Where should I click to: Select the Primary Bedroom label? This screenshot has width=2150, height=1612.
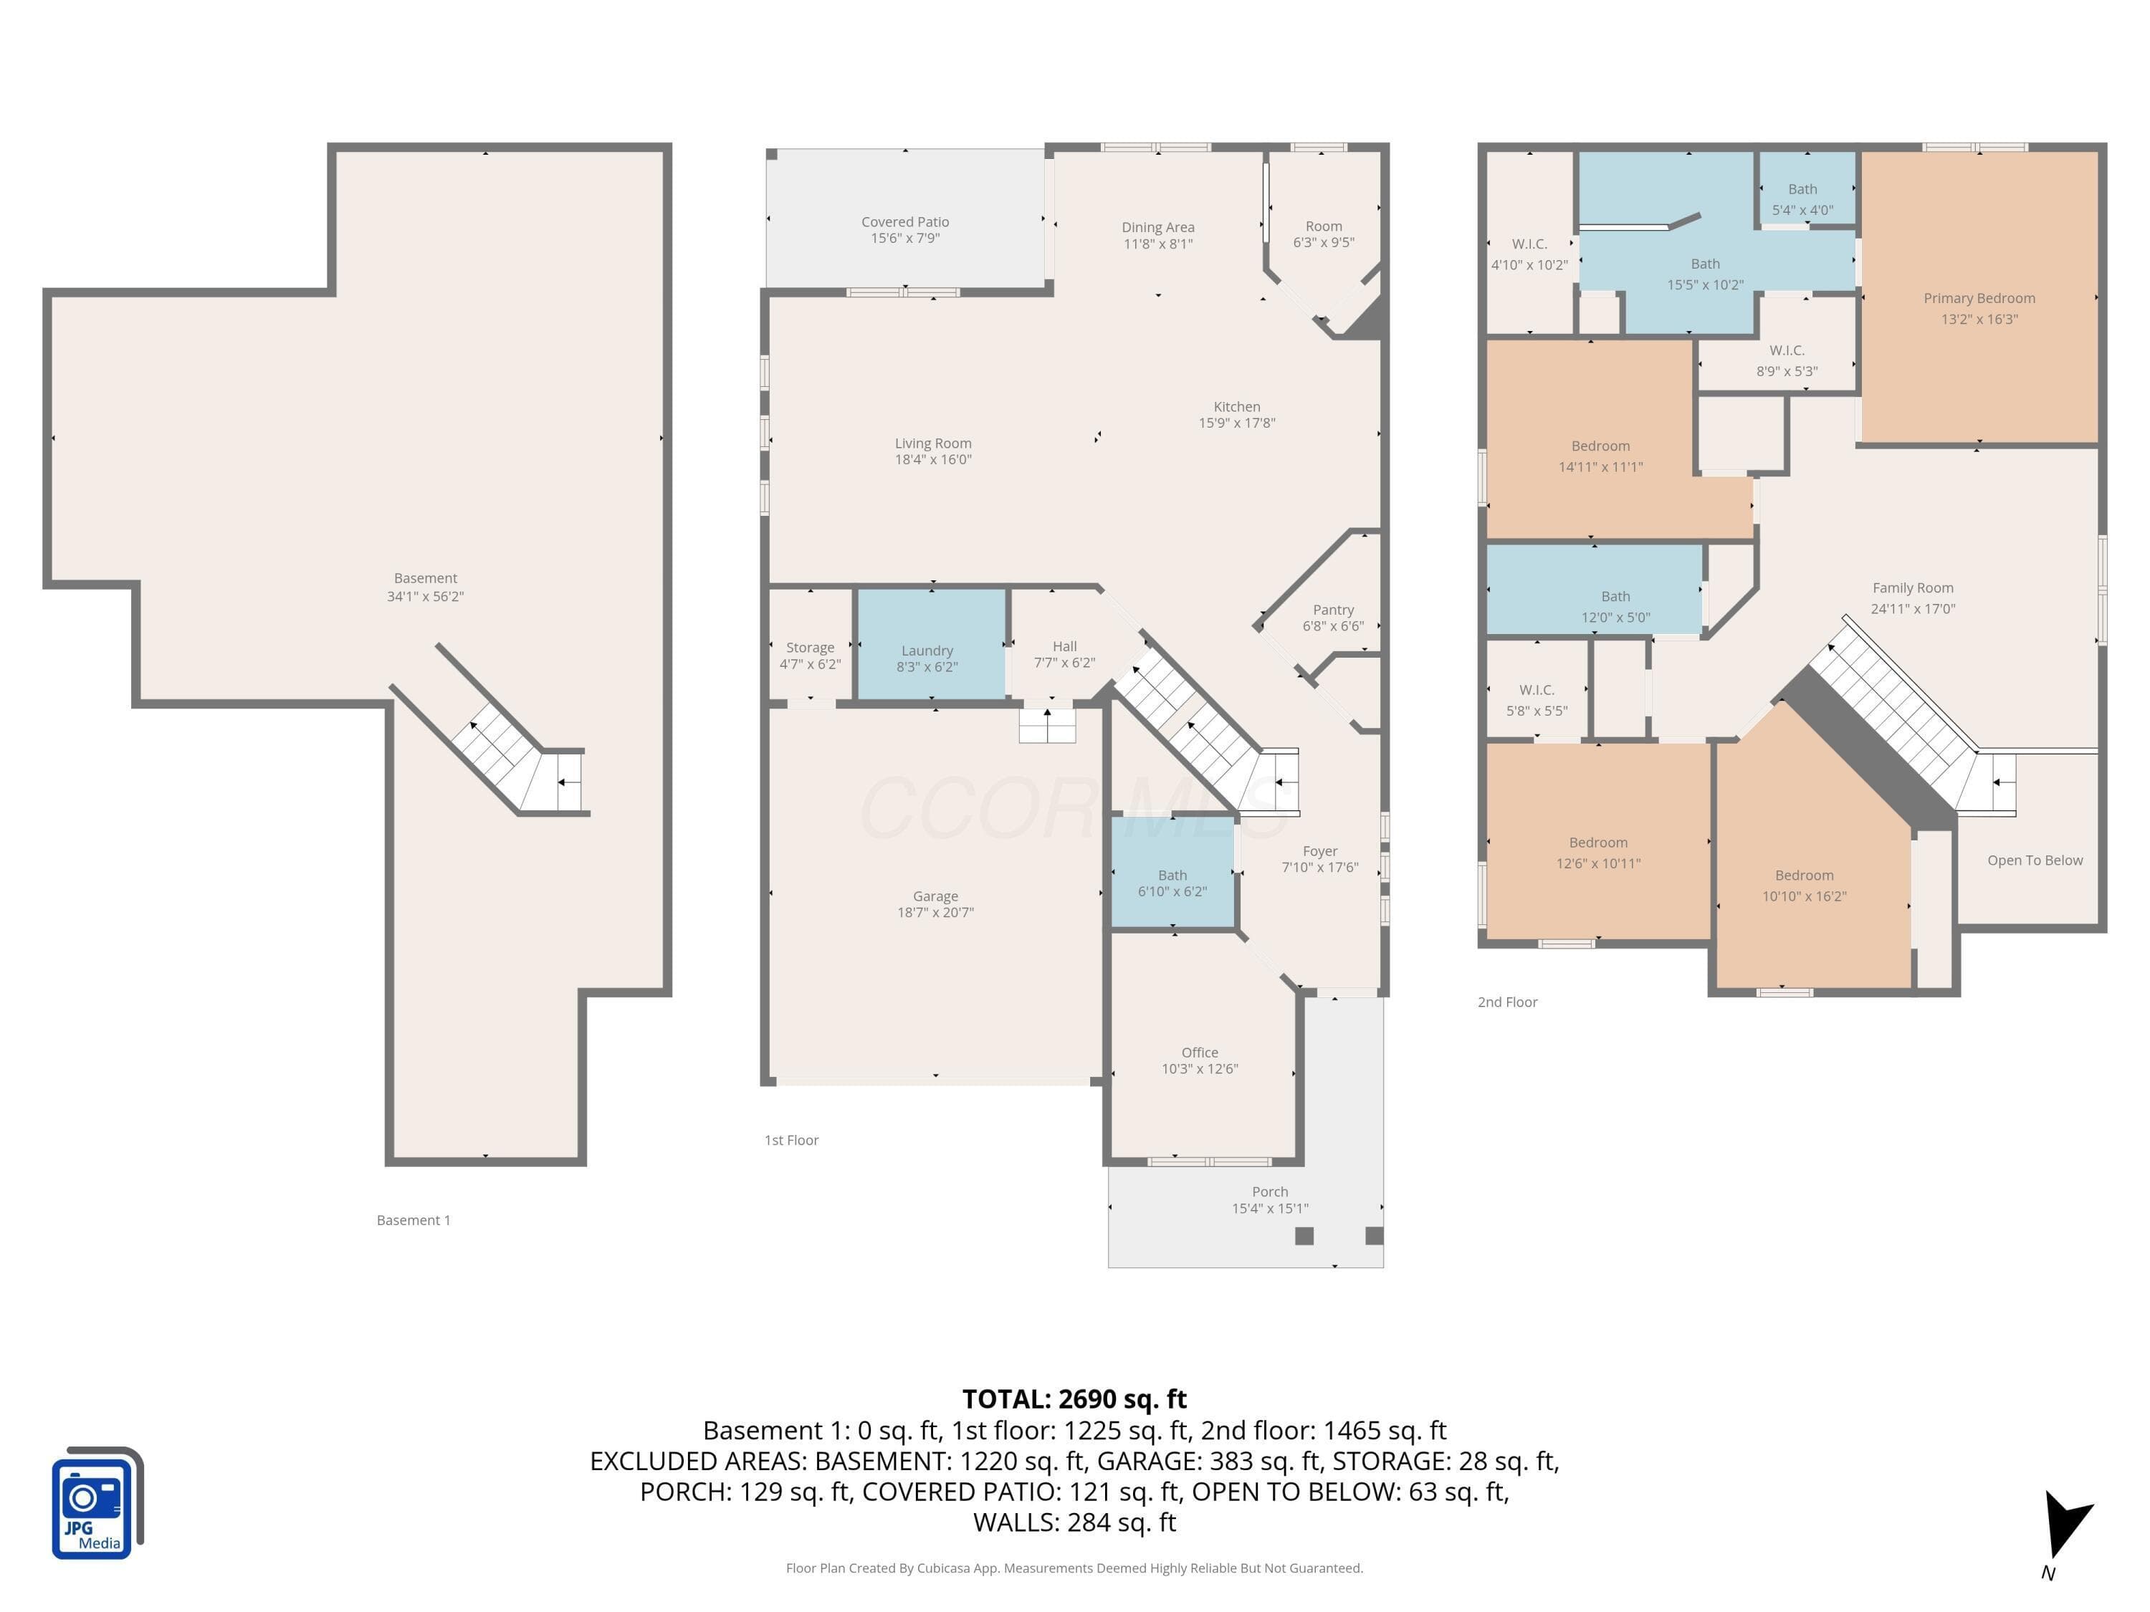[x=1979, y=298]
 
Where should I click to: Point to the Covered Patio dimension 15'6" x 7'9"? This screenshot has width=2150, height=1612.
[x=905, y=238]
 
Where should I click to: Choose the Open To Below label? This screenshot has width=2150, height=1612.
[x=2035, y=860]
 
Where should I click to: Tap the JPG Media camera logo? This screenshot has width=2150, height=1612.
[x=97, y=1502]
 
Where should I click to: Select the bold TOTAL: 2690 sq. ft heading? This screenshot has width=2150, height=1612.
[x=1074, y=1398]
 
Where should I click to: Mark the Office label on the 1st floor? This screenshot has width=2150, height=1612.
[x=1200, y=1052]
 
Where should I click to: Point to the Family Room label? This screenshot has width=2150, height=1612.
[x=1912, y=588]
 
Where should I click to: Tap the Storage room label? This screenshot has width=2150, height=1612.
[x=810, y=647]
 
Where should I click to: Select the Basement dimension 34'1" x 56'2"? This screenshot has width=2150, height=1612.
[x=425, y=597]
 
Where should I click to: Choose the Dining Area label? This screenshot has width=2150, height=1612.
[x=1157, y=227]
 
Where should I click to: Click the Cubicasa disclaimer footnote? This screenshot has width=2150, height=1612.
[x=1074, y=1568]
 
